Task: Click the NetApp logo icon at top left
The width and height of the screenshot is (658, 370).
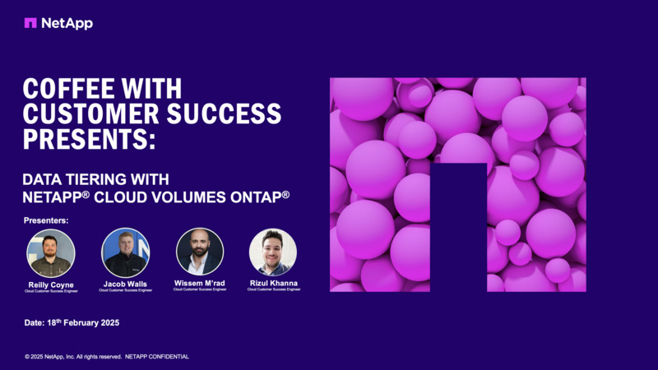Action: point(30,23)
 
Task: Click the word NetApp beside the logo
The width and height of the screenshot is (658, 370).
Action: point(68,23)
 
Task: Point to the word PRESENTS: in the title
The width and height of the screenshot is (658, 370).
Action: point(89,139)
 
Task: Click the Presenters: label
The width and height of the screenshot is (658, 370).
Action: point(46,220)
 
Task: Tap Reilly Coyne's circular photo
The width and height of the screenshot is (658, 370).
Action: point(51,252)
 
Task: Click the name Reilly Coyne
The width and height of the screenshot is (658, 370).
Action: point(50,284)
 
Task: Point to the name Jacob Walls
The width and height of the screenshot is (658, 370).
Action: point(125,283)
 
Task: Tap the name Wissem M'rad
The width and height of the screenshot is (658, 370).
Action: point(200,283)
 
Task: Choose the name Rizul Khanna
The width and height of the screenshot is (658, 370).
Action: point(273,283)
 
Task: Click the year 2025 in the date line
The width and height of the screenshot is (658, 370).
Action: point(105,323)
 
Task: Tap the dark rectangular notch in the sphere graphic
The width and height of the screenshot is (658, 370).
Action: point(459,227)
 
